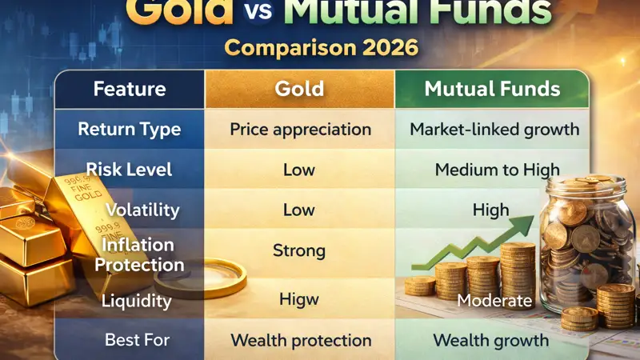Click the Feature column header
pyautogui.click(x=130, y=89)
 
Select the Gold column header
pyautogui.click(x=299, y=89)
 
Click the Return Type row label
pyautogui.click(x=130, y=129)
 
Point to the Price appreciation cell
pyautogui.click(x=300, y=129)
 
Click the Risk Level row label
pyautogui.click(x=129, y=170)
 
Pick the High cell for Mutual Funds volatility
pyautogui.click(x=490, y=210)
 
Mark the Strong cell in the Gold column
pyautogui.click(x=299, y=250)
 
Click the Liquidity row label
pyautogui.click(x=137, y=301)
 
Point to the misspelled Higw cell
pyautogui.click(x=299, y=300)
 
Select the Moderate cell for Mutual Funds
pyautogui.click(x=494, y=301)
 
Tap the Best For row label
pyautogui.click(x=137, y=340)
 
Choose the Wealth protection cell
pyautogui.click(x=300, y=340)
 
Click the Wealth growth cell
pyautogui.click(x=490, y=340)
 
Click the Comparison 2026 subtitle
pyautogui.click(x=321, y=46)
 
